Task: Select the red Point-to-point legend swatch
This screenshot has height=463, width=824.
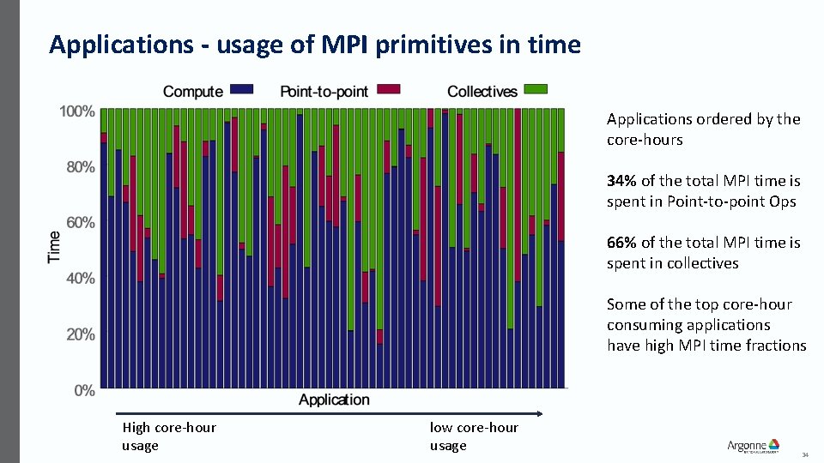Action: (389, 89)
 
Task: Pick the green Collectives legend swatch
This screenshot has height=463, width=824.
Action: (536, 89)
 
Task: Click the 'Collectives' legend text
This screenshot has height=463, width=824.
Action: (482, 92)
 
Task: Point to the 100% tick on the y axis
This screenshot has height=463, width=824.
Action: (76, 111)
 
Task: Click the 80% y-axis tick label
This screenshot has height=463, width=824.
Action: (80, 167)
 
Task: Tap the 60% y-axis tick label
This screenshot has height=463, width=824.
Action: (80, 223)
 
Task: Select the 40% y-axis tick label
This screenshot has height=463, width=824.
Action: (80, 279)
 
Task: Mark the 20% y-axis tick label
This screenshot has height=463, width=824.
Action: (80, 334)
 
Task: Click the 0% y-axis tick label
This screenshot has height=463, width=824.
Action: (83, 390)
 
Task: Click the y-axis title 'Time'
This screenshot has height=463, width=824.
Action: (54, 247)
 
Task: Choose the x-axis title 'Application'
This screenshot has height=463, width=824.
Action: (334, 400)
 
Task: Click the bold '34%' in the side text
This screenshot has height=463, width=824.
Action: (621, 181)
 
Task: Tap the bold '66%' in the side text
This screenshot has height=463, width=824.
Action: (621, 243)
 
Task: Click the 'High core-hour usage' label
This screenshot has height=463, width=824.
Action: (168, 436)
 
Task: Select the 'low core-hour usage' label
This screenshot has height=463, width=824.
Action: (474, 436)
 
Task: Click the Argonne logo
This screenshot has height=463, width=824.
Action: (753, 446)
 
